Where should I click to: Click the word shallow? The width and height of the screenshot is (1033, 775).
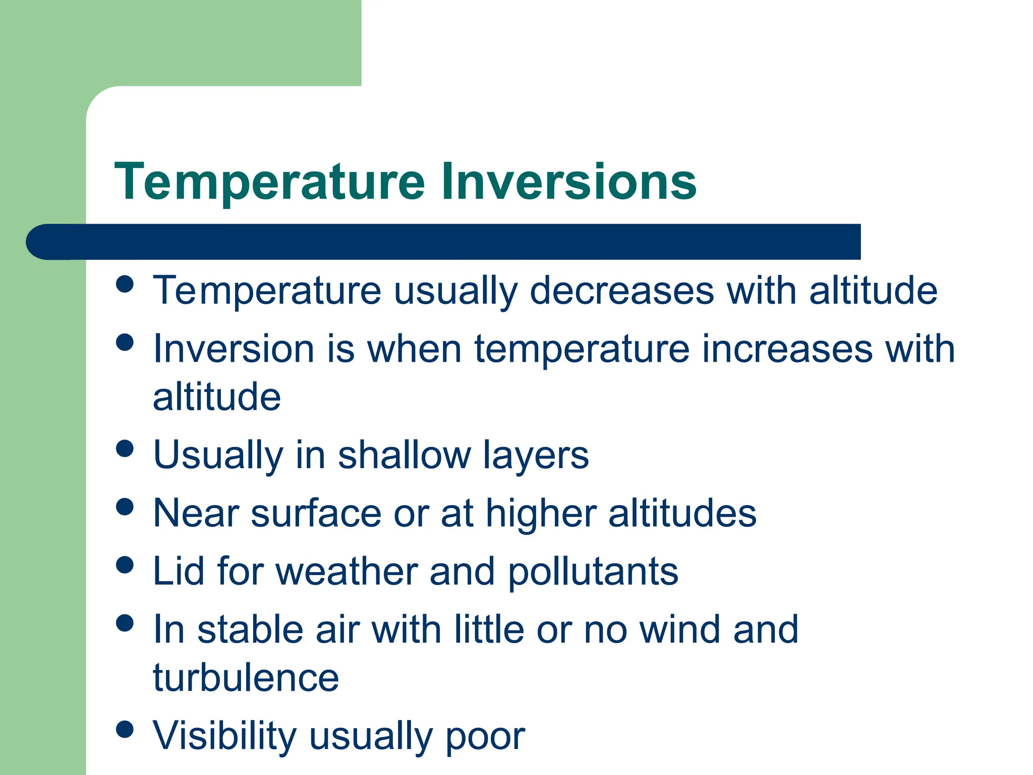click(404, 455)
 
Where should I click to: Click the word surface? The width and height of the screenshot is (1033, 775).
click(316, 513)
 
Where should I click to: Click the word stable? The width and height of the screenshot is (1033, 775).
click(250, 630)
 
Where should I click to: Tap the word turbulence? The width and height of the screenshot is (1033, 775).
click(246, 678)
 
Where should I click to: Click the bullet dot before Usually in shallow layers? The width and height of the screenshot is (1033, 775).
click(125, 448)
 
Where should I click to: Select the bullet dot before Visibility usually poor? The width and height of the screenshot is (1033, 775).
click(125, 729)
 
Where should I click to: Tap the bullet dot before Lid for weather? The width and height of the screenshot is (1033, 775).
click(125, 565)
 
